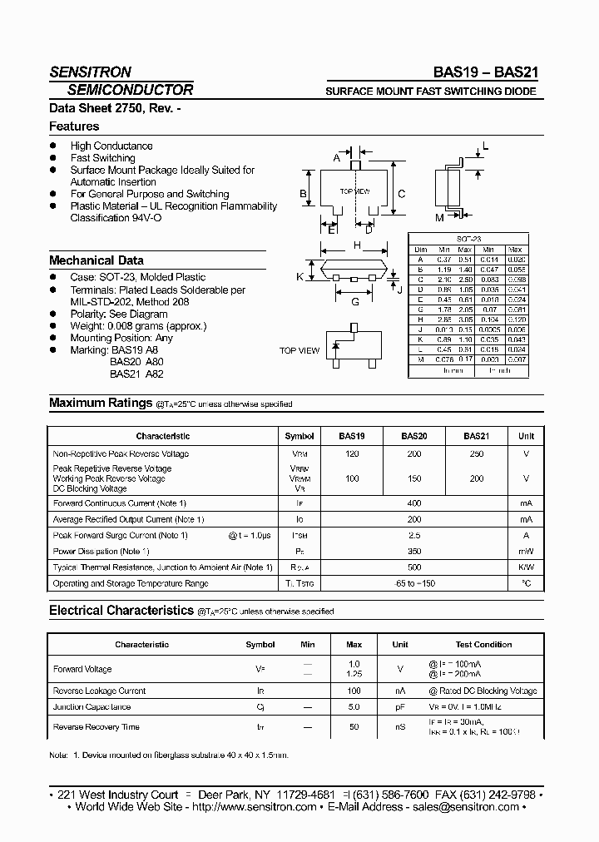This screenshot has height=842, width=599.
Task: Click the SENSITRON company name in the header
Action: tap(90, 72)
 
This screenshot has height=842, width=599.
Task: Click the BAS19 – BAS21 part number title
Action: tap(491, 72)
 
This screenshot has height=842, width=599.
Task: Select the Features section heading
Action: tap(74, 126)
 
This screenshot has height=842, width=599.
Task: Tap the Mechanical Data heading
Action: tap(96, 260)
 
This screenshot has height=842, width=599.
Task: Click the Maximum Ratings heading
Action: tap(101, 403)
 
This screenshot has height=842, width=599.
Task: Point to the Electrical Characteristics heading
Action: tap(121, 611)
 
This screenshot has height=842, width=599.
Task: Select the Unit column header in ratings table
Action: tap(526, 436)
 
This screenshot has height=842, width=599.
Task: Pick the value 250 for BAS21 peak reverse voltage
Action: tap(476, 454)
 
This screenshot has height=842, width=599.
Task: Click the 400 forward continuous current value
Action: tap(414, 503)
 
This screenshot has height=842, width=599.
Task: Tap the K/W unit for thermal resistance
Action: tap(526, 567)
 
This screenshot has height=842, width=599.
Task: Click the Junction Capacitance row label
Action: tap(92, 707)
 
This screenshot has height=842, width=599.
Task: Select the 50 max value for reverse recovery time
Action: tap(354, 727)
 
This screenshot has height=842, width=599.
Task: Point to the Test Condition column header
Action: tap(483, 645)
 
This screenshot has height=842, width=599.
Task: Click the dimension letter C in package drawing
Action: tap(401, 194)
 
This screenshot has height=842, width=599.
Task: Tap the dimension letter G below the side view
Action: tap(355, 302)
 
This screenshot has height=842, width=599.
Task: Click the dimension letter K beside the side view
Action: tap(299, 276)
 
